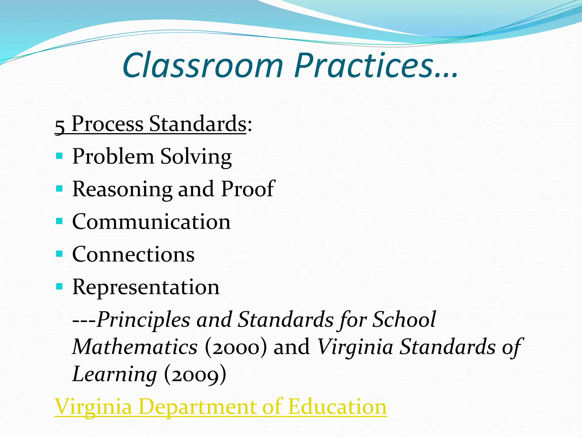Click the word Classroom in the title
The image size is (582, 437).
pos(203,66)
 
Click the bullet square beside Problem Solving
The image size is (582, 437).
pos(59,156)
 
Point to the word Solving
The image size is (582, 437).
pos(196,157)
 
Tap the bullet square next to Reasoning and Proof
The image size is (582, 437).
pos(59,188)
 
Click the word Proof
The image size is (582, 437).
pos(248,189)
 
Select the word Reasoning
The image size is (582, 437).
pos(122,189)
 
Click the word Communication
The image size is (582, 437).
pos(151,222)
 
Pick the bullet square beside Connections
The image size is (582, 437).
pos(59,253)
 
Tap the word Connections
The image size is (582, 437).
pos(133,254)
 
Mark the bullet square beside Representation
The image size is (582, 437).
pos(59,286)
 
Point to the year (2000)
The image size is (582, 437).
pos(236,347)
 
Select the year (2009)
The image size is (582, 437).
pos(195,374)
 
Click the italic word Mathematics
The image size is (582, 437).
pos(135,347)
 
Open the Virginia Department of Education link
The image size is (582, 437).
pos(221,407)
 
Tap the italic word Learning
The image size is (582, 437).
pos(115,374)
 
